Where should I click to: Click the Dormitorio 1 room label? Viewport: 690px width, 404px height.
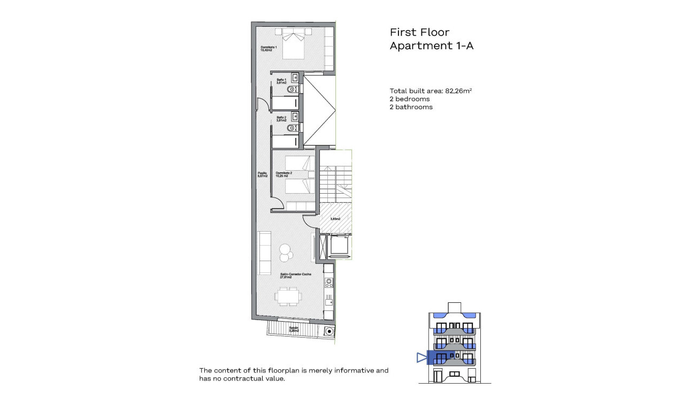tap(269, 49)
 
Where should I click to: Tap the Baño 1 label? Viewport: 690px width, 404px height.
tap(281, 81)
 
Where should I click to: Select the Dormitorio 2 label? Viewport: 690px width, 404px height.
tap(283, 174)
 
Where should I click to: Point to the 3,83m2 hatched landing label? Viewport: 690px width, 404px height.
tap(335, 219)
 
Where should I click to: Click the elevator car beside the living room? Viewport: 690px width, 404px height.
tap(338, 246)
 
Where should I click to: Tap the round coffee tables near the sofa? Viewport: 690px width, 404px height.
tap(285, 252)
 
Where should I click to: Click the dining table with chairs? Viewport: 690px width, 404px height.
tap(288, 296)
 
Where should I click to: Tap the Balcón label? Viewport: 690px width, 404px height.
tap(294, 330)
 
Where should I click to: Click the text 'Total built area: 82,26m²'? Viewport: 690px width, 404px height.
tap(431, 91)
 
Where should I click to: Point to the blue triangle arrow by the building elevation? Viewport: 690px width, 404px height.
tap(422, 357)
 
